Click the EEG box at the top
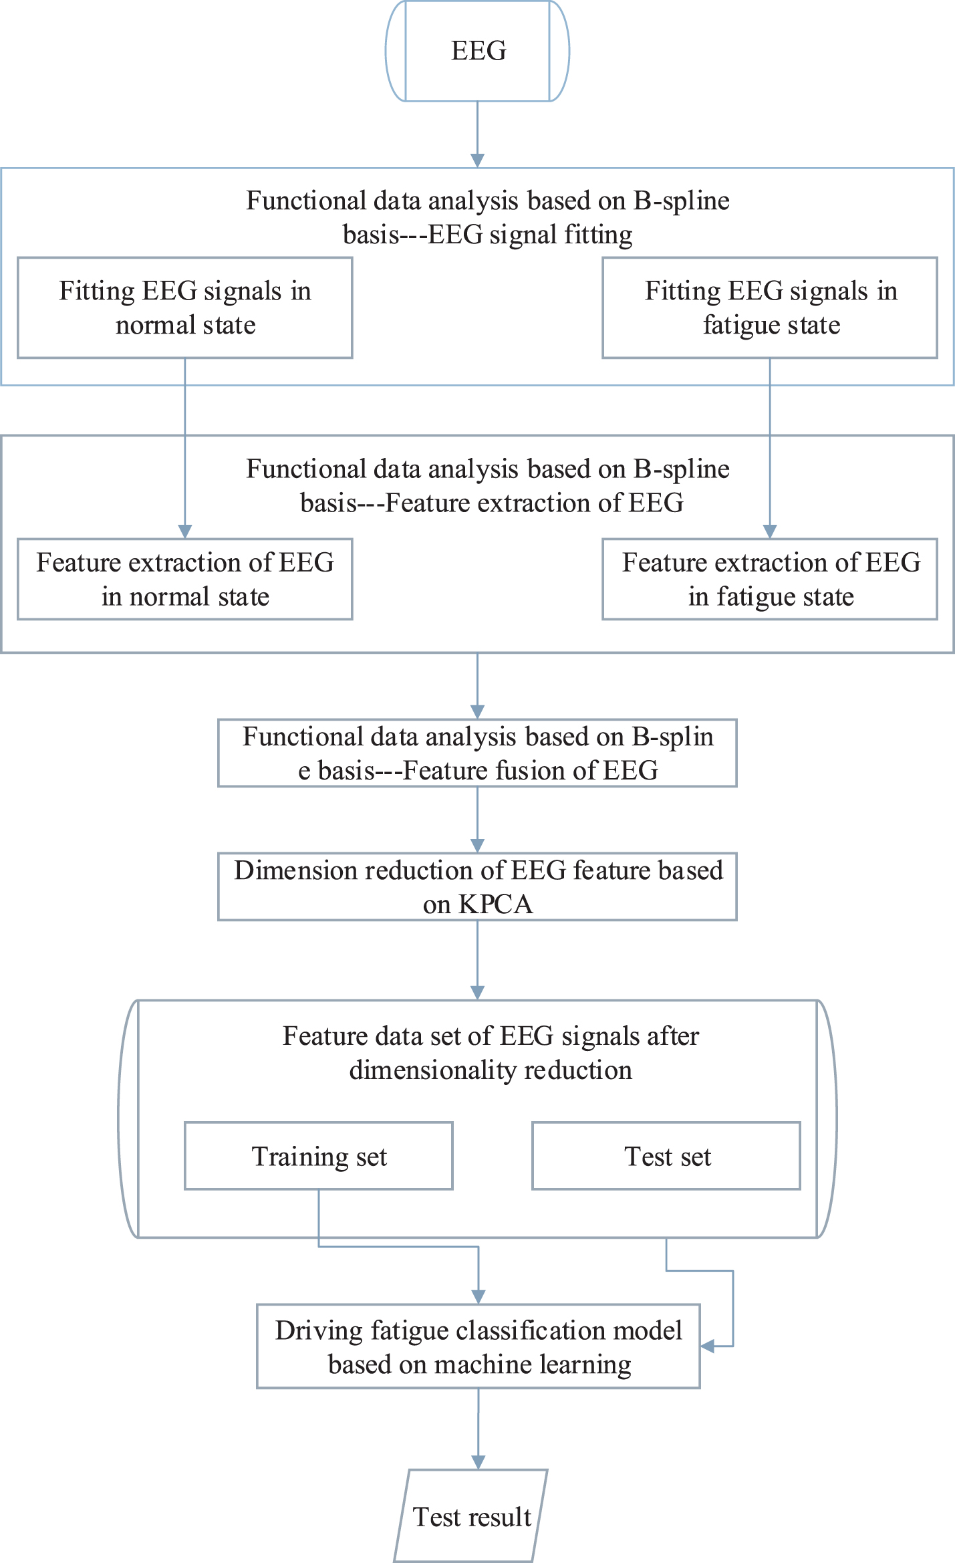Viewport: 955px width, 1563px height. click(477, 51)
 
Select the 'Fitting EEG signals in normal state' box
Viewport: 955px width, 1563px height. click(184, 308)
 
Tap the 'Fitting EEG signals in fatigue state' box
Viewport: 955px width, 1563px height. click(770, 308)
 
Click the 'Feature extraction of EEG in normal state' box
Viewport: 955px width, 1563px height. click(184, 579)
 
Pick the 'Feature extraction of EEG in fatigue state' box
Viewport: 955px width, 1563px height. click(770, 579)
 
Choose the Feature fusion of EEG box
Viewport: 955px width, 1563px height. click(477, 753)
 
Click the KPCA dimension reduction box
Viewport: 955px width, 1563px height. click(477, 886)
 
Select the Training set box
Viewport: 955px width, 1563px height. click(319, 1156)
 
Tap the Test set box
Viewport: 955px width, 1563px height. click(666, 1156)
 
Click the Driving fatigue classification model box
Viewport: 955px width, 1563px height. click(479, 1346)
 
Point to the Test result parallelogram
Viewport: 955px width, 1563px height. click(471, 1516)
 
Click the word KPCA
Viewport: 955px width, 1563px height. click(495, 905)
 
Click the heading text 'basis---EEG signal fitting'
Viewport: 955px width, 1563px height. click(488, 235)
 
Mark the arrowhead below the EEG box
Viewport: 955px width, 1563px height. click(477, 160)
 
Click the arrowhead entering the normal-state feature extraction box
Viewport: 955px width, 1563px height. click(185, 531)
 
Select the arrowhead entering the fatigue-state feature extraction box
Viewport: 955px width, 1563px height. click(770, 531)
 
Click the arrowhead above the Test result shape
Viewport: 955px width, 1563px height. click(479, 1462)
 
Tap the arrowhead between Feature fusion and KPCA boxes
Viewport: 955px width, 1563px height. click(477, 846)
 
